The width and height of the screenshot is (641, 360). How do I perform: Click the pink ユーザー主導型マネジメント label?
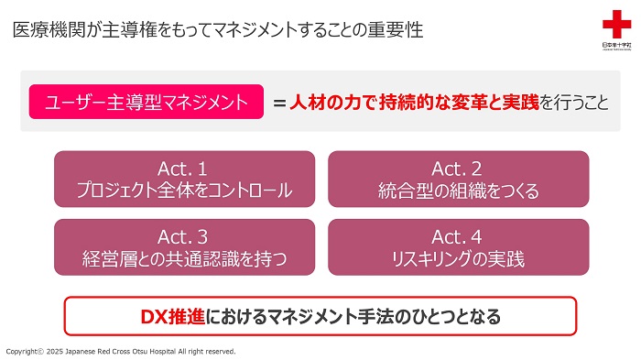coord(138,102)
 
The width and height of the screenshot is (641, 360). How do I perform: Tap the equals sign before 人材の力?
coord(279,103)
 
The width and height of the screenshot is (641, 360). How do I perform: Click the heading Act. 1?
coord(183,169)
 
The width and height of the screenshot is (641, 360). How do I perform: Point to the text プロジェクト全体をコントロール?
coord(183,191)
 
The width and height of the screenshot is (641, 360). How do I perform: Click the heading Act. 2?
coord(458,169)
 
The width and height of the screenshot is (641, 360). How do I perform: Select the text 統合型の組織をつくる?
coord(458,191)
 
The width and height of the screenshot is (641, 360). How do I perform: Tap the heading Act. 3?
coord(183,236)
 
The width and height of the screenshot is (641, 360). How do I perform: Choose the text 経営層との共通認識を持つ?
coord(183,258)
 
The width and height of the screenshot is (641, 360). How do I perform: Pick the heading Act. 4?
coord(458,236)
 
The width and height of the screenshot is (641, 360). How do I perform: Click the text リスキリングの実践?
coord(458,258)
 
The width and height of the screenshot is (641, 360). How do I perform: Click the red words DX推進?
coord(173,317)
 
